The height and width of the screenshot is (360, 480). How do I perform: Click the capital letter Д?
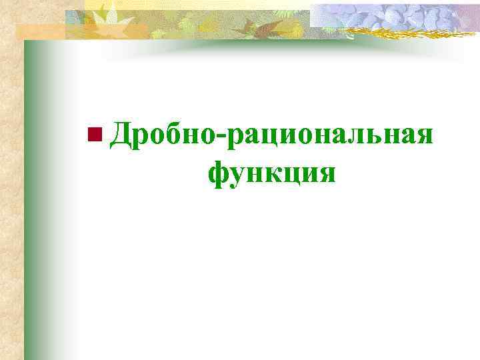coord(121,133)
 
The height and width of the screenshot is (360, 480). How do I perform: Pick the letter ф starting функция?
coord(219,174)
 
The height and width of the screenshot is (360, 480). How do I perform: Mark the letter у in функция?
coord(239,175)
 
